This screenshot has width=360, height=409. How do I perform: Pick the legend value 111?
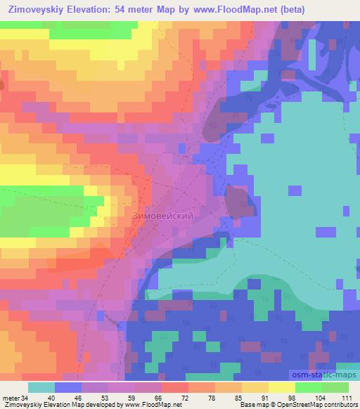pyautogui.click(x=347, y=398)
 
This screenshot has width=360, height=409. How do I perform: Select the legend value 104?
pyautogui.click(x=321, y=398)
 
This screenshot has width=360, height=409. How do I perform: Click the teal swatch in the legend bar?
pyautogui.click(x=41, y=387)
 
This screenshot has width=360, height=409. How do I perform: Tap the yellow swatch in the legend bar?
pyautogui.click(x=281, y=387)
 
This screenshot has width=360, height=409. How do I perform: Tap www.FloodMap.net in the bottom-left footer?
pyautogui.click(x=149, y=405)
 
